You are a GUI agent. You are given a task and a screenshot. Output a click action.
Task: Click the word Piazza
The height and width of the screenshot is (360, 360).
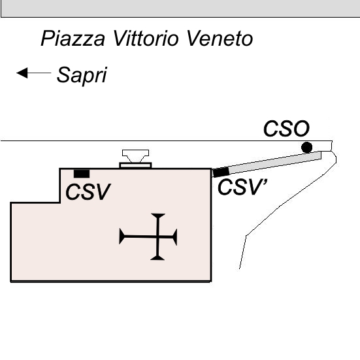click(x=73, y=39)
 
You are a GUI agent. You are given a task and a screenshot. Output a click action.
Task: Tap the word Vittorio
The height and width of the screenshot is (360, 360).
click(x=146, y=38)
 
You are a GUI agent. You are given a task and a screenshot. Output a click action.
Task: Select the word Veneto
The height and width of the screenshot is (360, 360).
click(x=220, y=38)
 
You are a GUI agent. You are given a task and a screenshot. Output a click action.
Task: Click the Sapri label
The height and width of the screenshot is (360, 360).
click(x=82, y=75)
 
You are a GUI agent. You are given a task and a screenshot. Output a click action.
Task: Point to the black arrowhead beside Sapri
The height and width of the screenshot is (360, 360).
click(x=22, y=73)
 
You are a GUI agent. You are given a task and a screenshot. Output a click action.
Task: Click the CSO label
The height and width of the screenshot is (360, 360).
click(x=286, y=128)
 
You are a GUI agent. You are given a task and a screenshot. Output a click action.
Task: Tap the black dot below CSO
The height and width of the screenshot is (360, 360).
click(x=306, y=148)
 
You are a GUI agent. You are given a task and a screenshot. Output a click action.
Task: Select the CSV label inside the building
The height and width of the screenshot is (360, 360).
click(x=88, y=191)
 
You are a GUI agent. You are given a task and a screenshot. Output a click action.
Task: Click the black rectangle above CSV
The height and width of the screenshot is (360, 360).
click(x=82, y=174)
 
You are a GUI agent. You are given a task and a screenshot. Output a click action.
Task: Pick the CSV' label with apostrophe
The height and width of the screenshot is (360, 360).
click(x=242, y=187)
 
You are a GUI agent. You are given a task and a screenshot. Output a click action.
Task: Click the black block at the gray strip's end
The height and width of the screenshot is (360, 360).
click(x=221, y=172)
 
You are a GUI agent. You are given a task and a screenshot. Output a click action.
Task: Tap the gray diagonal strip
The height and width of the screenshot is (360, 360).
click(x=274, y=163)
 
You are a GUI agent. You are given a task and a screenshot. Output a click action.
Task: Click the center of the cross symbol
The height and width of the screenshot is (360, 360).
click(x=157, y=237)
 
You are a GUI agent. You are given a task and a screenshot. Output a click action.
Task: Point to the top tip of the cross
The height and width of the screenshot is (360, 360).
click(x=158, y=214)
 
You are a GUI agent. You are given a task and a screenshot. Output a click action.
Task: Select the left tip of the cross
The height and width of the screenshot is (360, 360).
click(x=120, y=237)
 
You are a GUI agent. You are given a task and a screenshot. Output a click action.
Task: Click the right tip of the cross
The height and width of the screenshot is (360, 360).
click(x=176, y=237)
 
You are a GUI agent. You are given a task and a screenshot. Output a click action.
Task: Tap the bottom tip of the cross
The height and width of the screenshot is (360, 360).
click(x=157, y=259)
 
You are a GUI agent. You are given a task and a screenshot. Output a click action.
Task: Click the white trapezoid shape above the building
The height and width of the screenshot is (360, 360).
click(x=135, y=156)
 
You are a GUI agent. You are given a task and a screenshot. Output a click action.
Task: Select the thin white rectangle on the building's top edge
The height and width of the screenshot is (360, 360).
click(x=135, y=165)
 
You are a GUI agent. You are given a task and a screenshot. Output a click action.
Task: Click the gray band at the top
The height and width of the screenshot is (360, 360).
click(x=180, y=8)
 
